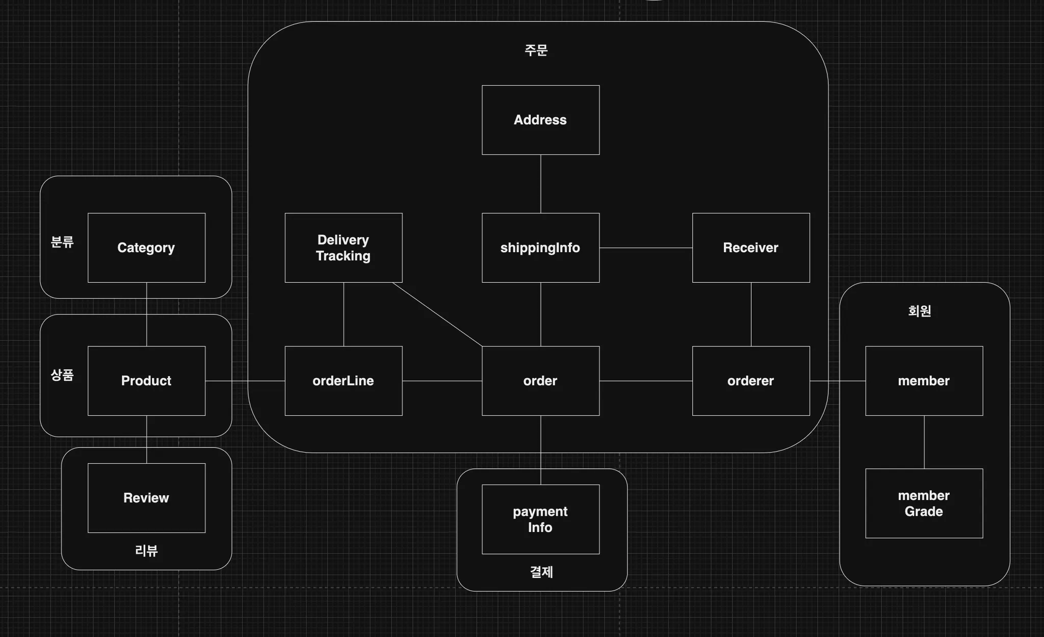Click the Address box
click(x=540, y=120)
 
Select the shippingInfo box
click(x=540, y=248)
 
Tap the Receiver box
click(x=750, y=248)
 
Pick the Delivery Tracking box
click(x=343, y=248)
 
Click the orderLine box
click(x=343, y=381)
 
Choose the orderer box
click(x=750, y=381)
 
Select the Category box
click(x=146, y=248)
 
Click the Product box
click(x=146, y=381)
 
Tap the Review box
click(x=146, y=498)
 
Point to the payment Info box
click(x=540, y=519)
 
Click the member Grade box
click(x=924, y=503)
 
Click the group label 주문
click(x=536, y=50)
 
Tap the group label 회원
click(x=920, y=311)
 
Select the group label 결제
click(x=541, y=572)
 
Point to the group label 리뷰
click(x=146, y=550)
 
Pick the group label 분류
click(x=62, y=242)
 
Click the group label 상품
click(x=62, y=375)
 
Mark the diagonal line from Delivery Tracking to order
click(x=437, y=314)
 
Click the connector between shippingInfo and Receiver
click(x=645, y=248)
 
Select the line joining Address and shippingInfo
click(x=541, y=184)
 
